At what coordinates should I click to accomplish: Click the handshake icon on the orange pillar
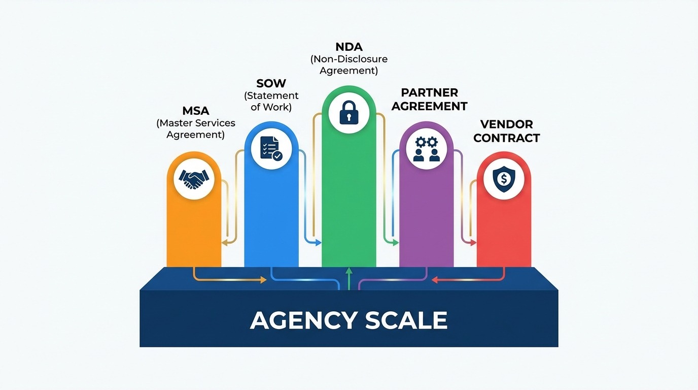pyautogui.click(x=194, y=178)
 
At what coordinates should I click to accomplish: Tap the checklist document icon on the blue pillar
pyautogui.click(x=271, y=148)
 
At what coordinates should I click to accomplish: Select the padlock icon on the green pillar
pyautogui.click(x=348, y=112)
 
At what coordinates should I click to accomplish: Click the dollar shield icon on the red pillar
pyautogui.click(x=504, y=178)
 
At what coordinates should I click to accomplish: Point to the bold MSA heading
pyautogui.click(x=196, y=111)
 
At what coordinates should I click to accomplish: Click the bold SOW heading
pyautogui.click(x=271, y=83)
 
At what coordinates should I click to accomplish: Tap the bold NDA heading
pyautogui.click(x=349, y=47)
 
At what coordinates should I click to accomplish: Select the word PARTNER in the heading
pyautogui.click(x=429, y=93)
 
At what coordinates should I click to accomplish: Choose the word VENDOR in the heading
pyautogui.click(x=506, y=124)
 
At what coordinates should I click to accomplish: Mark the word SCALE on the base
pyautogui.click(x=406, y=320)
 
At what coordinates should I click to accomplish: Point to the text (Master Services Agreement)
pyautogui.click(x=196, y=129)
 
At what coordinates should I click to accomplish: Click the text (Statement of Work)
pyautogui.click(x=271, y=101)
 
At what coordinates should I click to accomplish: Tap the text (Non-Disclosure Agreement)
pyautogui.click(x=349, y=64)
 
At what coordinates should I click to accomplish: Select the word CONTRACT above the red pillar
pyautogui.click(x=506, y=138)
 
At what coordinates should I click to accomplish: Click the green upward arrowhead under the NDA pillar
pyautogui.click(x=349, y=272)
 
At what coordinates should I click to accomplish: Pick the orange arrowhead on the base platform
pyautogui.click(x=263, y=280)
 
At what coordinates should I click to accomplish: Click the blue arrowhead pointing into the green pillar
pyautogui.click(x=318, y=243)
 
